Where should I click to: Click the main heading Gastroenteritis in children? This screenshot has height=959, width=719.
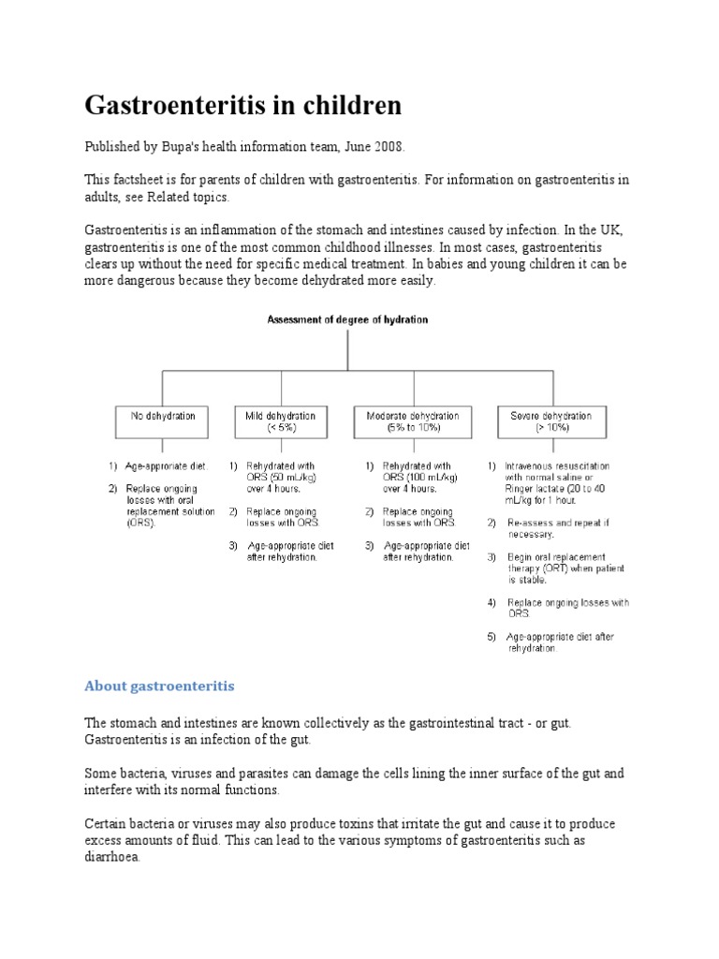coord(243,106)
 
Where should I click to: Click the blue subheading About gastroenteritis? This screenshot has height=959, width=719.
coord(159,686)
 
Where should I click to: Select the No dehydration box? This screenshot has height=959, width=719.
coord(162,422)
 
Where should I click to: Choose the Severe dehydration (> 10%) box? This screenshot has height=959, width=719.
coord(550,422)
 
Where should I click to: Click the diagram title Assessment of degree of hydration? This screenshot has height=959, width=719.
coord(347,319)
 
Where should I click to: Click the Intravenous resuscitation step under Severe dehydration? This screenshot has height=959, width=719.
coord(556,477)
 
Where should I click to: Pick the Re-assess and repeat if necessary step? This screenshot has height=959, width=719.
coord(556,527)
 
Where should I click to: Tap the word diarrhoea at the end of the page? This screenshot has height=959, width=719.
coord(112,856)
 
